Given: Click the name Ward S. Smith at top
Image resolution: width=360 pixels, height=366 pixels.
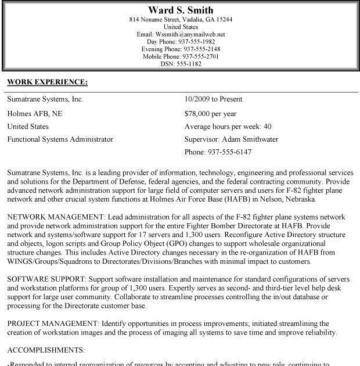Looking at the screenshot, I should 181,10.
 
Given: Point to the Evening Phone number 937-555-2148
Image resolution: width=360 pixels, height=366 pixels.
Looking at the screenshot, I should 203,49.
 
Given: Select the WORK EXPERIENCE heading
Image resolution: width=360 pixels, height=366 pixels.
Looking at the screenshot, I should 47,82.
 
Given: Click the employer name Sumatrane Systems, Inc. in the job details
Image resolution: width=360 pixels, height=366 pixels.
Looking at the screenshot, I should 45,99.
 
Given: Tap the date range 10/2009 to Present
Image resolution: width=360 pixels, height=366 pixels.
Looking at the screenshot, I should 213,99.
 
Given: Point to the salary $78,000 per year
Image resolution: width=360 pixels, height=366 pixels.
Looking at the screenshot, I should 210,113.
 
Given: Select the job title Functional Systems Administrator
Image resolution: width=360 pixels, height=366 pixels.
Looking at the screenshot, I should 60,139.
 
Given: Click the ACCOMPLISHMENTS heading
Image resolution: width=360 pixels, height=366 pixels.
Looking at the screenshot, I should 46,350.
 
